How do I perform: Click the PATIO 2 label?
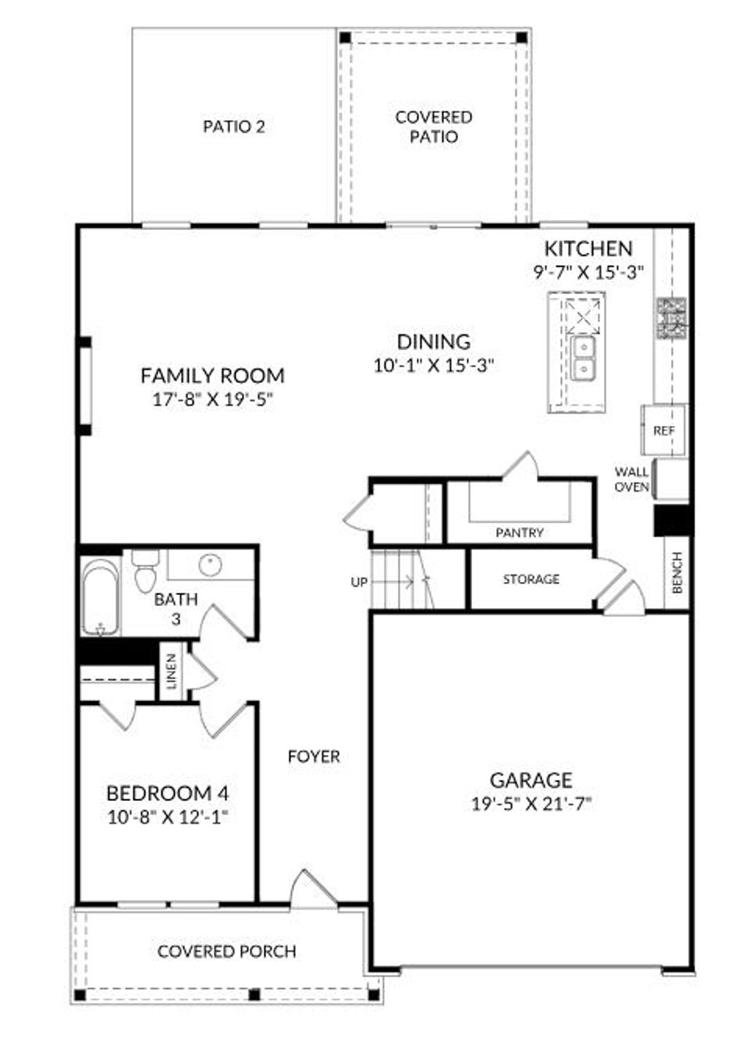pyautogui.click(x=234, y=127)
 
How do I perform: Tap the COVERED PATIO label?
pyautogui.click(x=433, y=127)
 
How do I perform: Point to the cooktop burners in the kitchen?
pyautogui.click(x=671, y=319)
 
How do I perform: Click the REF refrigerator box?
pyautogui.click(x=664, y=430)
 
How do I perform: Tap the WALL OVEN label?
pyautogui.click(x=632, y=479)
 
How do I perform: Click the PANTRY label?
pyautogui.click(x=519, y=532)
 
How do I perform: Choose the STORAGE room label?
pyautogui.click(x=531, y=579)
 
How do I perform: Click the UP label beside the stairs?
pyautogui.click(x=359, y=582)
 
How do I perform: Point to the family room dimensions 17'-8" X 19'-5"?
pyautogui.click(x=212, y=400)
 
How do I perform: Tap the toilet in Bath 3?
pyautogui.click(x=146, y=572)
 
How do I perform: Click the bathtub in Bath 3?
pyautogui.click(x=100, y=596)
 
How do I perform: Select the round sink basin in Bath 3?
pyautogui.click(x=211, y=563)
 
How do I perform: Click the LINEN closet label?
pyautogui.click(x=172, y=671)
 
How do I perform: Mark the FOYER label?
pyautogui.click(x=313, y=757)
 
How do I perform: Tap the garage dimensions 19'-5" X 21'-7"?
pyautogui.click(x=530, y=804)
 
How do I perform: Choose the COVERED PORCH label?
pyautogui.click(x=227, y=951)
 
